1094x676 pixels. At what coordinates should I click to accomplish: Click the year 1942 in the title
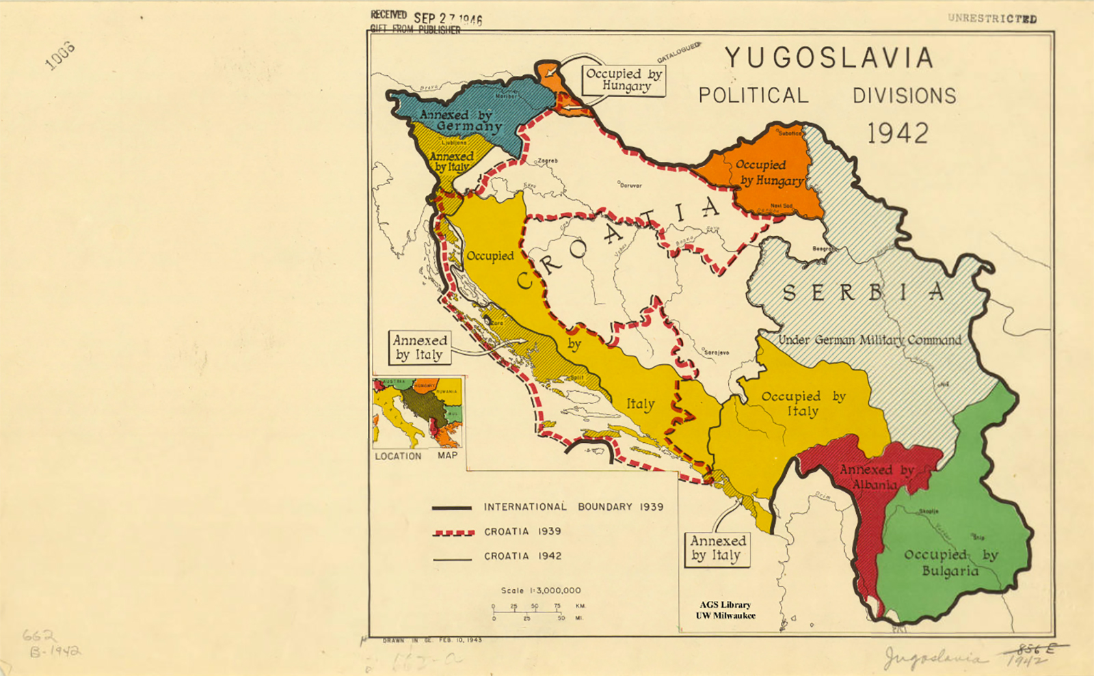(x=898, y=133)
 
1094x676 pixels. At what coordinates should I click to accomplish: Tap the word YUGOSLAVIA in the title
(x=829, y=58)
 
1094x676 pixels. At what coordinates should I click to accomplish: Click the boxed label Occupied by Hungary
(x=624, y=80)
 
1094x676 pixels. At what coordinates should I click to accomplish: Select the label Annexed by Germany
(x=461, y=120)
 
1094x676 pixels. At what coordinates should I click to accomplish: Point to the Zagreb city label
(x=548, y=161)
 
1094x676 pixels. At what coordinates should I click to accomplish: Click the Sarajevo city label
(x=716, y=353)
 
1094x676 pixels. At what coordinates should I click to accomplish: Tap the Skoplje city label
(x=929, y=511)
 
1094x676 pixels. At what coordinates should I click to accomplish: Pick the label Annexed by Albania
(x=876, y=477)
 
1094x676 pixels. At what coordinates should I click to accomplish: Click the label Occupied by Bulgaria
(x=950, y=563)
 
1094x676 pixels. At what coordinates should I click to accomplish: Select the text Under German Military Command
(x=870, y=340)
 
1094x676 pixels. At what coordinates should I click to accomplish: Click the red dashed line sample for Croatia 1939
(x=453, y=532)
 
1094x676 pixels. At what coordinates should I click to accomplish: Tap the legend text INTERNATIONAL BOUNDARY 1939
(x=573, y=507)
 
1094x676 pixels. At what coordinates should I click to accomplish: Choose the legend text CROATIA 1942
(x=522, y=556)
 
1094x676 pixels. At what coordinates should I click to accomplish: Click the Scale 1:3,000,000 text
(x=540, y=591)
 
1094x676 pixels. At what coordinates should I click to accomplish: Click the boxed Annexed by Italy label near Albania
(x=717, y=549)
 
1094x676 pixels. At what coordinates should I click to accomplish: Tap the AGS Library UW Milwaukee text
(x=725, y=610)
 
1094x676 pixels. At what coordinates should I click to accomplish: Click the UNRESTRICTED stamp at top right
(x=991, y=18)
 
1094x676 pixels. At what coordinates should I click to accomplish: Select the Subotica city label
(x=790, y=133)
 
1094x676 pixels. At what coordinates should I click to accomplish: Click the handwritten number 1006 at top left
(x=60, y=55)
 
